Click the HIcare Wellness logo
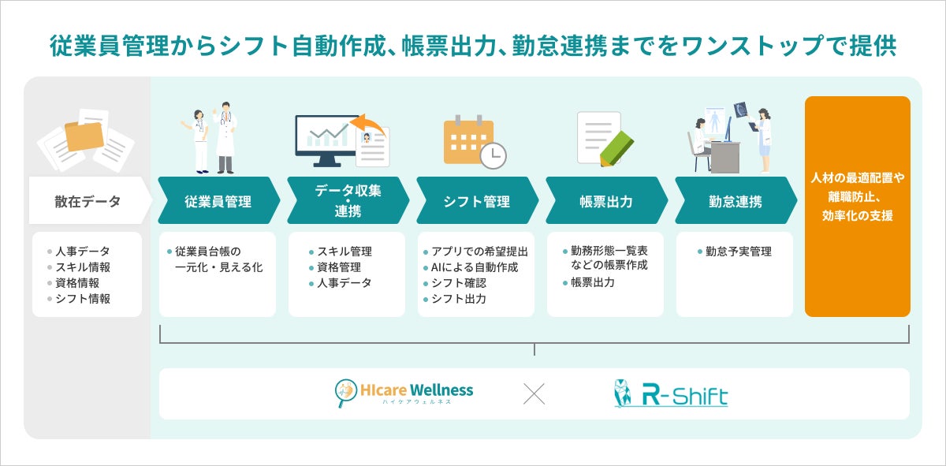[404, 393]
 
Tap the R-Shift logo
[671, 393]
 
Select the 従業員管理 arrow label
[218, 201]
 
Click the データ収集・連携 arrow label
[348, 201]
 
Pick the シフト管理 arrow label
[477, 201]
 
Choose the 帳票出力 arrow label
[606, 201]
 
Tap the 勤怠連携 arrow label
[736, 201]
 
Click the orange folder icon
[84, 136]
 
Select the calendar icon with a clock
[473, 142]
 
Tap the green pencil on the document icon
[617, 147]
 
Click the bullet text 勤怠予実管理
[740, 252]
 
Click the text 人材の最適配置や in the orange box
[857, 178]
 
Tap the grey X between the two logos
[534, 393]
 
